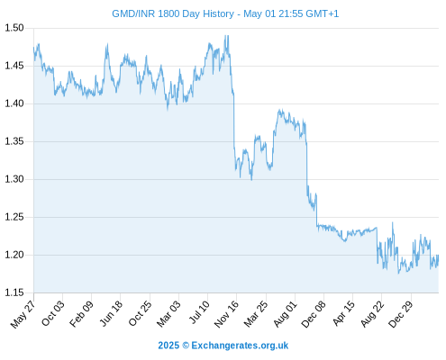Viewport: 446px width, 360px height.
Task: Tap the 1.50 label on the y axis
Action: pos(14,28)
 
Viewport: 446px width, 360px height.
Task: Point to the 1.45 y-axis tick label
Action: pos(14,66)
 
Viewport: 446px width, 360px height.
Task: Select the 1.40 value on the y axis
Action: pos(14,103)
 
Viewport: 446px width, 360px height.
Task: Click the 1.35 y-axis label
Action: pos(14,141)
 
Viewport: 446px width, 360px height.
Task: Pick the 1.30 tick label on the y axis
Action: pos(14,179)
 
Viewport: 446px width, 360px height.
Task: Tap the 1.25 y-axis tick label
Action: pos(14,217)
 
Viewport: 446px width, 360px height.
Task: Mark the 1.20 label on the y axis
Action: pos(14,255)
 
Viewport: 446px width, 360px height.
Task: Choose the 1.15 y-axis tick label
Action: pos(14,292)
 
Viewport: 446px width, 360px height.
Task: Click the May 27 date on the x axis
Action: pos(23,313)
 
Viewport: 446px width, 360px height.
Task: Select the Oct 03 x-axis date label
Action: pos(53,313)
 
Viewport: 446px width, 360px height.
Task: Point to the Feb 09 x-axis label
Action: pos(81,313)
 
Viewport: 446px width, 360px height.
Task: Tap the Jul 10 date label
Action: pos(199,312)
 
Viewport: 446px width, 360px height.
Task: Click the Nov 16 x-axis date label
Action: pos(226,313)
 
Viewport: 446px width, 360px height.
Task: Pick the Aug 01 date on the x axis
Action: pos(285,313)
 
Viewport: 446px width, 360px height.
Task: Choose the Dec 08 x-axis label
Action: pos(314,313)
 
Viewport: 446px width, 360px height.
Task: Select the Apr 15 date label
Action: pos(343,313)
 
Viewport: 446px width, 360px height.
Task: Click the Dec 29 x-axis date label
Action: pos(400,313)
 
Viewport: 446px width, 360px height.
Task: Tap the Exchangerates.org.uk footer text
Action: pos(240,346)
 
